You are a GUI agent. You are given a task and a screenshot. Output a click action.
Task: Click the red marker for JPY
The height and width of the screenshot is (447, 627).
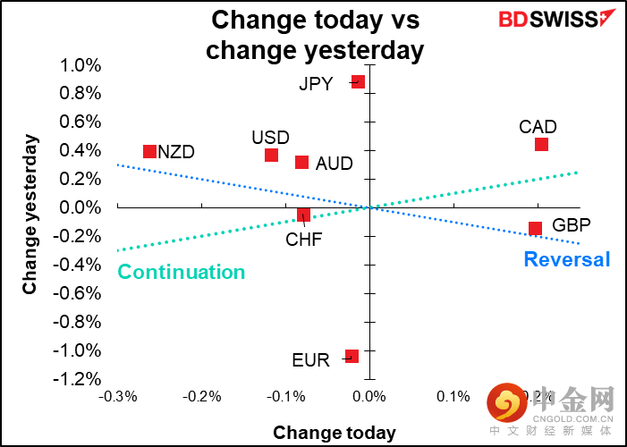tap(358, 81)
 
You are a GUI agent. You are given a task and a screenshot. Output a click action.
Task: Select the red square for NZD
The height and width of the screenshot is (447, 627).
tap(149, 152)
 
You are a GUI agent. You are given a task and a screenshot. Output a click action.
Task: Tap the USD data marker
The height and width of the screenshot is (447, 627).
tap(271, 156)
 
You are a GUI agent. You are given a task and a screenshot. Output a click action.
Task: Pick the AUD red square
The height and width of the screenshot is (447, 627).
tap(302, 163)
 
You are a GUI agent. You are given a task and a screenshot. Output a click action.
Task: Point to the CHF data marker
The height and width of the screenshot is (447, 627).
tap(303, 215)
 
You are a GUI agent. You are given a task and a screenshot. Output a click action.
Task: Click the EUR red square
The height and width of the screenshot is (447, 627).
tap(352, 356)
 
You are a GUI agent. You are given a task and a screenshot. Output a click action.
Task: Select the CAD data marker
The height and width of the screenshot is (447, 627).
tap(541, 145)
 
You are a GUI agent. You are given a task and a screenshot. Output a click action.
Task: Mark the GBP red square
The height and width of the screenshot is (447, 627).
tap(535, 229)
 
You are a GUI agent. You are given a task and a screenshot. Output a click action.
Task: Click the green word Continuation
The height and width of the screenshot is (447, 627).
tap(182, 273)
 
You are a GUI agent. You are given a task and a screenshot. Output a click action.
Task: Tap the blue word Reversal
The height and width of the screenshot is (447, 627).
tap(567, 260)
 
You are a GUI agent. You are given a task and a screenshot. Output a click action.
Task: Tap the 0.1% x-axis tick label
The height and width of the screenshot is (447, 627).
tap(453, 396)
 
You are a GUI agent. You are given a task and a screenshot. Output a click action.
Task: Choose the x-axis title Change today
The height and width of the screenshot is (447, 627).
tap(335, 433)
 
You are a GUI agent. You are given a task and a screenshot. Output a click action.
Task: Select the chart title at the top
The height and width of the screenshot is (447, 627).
tap(315, 34)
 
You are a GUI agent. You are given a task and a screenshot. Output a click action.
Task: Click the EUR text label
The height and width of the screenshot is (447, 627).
tap(311, 360)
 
